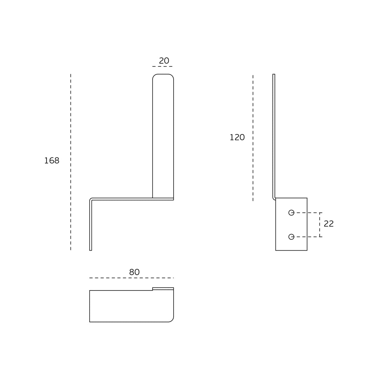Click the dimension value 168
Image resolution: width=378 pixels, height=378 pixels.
point(51,161)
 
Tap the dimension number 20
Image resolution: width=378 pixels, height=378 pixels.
point(164,61)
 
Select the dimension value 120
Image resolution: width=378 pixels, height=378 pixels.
point(237,138)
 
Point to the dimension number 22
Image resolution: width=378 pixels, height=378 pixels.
point(329,224)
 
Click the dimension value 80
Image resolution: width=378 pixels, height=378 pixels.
point(134,272)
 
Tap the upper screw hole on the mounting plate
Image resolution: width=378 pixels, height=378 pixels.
point(291,213)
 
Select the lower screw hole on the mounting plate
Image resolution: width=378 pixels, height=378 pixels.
point(291,237)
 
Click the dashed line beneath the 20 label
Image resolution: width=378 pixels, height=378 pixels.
point(162,66)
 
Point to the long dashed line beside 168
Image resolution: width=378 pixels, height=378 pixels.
point(71,162)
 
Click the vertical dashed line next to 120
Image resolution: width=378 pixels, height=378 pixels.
point(253,138)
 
